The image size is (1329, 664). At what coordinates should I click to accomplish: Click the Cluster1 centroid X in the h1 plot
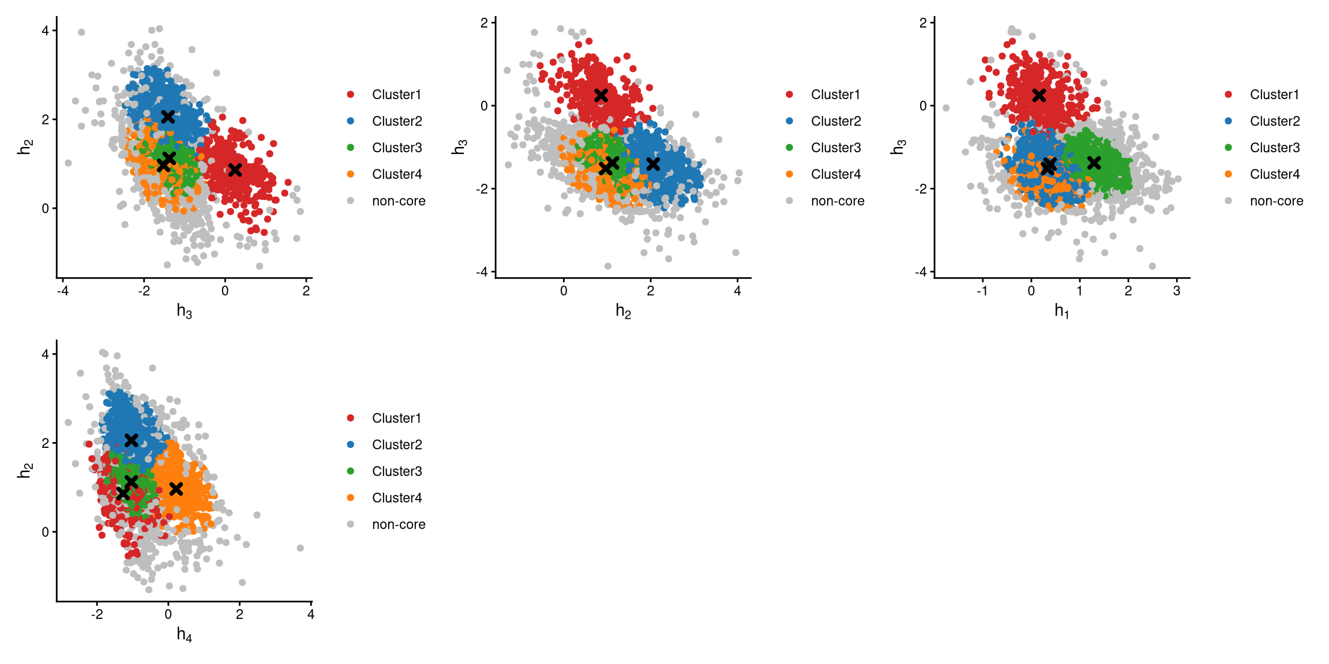click(x=1039, y=96)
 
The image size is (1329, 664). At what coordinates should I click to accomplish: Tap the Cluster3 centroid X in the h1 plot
click(x=1094, y=163)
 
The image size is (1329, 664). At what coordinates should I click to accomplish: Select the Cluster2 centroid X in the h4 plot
click(x=132, y=440)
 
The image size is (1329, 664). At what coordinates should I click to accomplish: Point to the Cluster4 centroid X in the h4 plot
click(x=177, y=489)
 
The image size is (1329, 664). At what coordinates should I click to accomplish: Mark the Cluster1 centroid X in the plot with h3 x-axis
click(x=235, y=170)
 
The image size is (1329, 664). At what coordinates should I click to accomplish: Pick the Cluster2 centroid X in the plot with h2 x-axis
click(x=653, y=164)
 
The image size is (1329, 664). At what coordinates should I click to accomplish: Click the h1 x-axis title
click(x=1061, y=311)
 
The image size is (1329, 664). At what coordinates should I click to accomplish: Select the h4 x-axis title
click(x=184, y=635)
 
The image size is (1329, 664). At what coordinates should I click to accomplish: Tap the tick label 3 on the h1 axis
click(x=1177, y=291)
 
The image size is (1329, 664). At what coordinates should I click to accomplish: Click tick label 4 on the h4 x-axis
click(x=311, y=614)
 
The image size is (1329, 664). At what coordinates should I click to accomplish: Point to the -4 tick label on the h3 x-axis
click(x=62, y=291)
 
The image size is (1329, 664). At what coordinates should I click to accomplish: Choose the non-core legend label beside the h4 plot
click(x=399, y=525)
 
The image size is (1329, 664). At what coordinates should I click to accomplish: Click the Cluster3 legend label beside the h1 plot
click(x=1275, y=148)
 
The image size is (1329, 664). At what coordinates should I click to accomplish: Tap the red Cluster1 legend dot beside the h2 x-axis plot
click(x=789, y=95)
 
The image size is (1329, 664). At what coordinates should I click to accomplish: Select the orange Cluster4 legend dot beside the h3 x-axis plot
click(x=351, y=174)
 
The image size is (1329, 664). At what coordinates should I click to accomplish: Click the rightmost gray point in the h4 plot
click(x=300, y=548)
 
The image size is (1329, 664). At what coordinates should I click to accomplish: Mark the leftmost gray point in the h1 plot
click(x=946, y=108)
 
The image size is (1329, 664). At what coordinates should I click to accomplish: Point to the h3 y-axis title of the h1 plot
click(x=898, y=148)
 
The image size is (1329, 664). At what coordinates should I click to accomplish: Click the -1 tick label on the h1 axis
click(x=982, y=291)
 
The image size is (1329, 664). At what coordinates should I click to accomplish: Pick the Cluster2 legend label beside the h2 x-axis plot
click(x=836, y=121)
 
